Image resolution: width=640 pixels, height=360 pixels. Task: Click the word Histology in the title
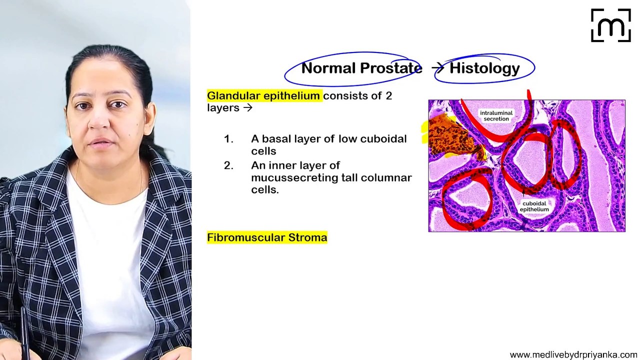click(x=484, y=68)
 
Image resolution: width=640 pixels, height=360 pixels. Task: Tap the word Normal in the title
click(x=327, y=68)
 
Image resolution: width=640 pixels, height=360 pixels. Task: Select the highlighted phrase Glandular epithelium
click(x=263, y=96)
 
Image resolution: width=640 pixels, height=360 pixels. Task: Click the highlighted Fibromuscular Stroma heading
click(x=267, y=238)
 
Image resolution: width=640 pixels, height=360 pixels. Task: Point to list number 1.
click(x=228, y=139)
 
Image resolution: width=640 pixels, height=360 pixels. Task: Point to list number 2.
click(x=228, y=166)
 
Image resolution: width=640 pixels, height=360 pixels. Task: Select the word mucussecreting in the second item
click(x=290, y=178)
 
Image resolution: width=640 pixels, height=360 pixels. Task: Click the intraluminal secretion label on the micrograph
click(x=496, y=116)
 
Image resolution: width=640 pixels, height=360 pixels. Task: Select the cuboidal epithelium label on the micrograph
click(x=534, y=206)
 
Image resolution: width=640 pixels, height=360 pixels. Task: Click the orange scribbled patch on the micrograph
click(x=450, y=135)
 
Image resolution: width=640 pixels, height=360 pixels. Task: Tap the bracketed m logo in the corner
click(x=610, y=25)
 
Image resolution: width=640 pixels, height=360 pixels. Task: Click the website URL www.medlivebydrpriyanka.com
click(x=573, y=354)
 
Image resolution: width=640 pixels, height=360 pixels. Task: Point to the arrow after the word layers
click(x=247, y=108)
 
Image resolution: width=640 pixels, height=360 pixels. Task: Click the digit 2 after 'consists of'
click(x=388, y=96)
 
